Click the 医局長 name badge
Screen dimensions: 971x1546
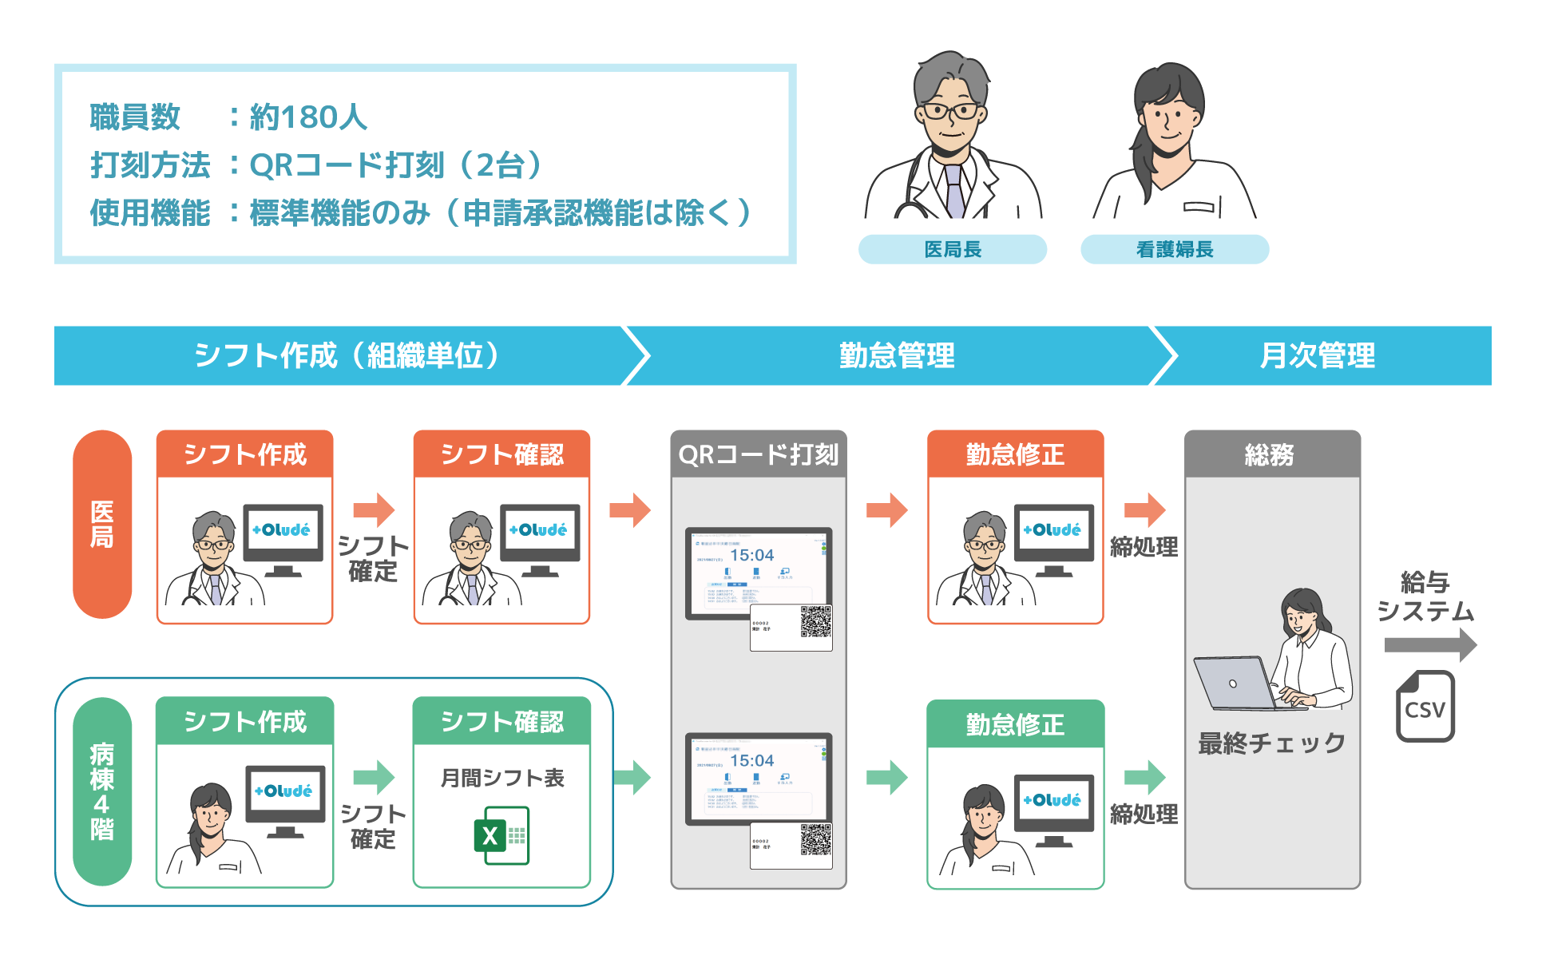(x=952, y=249)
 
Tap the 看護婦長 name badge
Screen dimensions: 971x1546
(x=1174, y=249)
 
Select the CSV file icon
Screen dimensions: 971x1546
(x=1425, y=707)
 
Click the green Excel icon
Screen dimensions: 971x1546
(x=501, y=835)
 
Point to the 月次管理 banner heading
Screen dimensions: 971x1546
(x=1318, y=355)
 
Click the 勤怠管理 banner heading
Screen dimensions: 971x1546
(x=896, y=355)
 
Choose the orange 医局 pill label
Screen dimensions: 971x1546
(x=102, y=524)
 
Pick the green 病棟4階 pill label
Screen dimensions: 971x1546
(x=102, y=791)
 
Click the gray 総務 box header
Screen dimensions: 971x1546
(x=1271, y=454)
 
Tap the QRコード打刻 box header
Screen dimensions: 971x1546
(x=758, y=454)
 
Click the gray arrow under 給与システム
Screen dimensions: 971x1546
(x=1429, y=644)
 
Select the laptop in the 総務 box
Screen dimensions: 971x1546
(x=1235, y=683)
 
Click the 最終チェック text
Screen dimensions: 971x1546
(x=1271, y=743)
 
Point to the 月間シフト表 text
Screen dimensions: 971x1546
(x=501, y=778)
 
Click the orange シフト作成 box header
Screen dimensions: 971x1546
(x=244, y=454)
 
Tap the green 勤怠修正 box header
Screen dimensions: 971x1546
(x=1015, y=724)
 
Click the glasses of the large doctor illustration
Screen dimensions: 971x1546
(x=950, y=111)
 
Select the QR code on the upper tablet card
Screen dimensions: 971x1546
(x=815, y=621)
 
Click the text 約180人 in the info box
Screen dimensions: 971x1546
(x=308, y=117)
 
